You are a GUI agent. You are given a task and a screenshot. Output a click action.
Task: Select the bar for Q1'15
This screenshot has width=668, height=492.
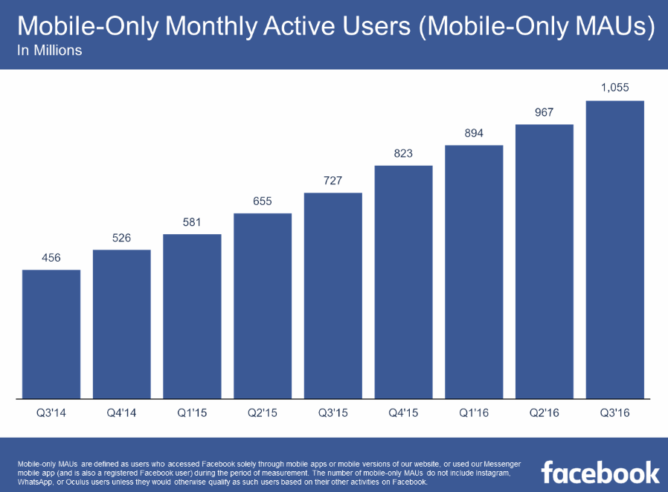(192, 316)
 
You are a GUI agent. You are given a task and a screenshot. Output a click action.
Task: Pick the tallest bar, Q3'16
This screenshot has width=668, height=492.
(615, 249)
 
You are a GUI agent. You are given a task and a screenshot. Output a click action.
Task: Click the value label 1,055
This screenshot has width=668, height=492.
(615, 88)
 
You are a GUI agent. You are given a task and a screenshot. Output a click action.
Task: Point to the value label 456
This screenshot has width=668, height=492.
(51, 258)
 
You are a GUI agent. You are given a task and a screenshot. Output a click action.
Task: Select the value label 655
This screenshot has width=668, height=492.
(263, 201)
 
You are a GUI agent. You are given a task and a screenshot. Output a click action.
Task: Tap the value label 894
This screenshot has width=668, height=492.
(474, 133)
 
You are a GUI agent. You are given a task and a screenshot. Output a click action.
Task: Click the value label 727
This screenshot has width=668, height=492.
(333, 181)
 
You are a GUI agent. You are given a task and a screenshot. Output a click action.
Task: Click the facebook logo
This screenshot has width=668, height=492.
(600, 473)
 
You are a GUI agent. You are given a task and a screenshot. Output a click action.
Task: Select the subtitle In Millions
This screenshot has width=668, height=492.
(49, 51)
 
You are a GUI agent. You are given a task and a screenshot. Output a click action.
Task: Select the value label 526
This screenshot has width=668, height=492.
(122, 238)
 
